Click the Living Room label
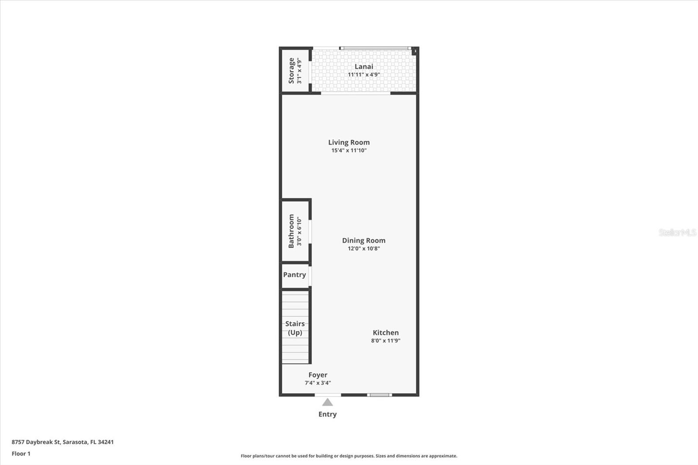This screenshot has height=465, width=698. pos(349,142)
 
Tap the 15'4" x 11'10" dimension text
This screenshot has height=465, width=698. pos(349,150)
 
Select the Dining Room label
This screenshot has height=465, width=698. pos(363,240)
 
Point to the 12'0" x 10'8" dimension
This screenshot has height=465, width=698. pos(363,249)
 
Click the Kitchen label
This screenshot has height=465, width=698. pos(386,332)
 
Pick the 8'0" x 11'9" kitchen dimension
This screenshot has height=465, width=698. pos(386,341)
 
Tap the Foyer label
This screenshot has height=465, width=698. pos(318,375)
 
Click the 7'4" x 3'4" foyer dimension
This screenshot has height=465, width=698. pos(318,383)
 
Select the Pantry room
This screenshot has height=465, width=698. pos(294,275)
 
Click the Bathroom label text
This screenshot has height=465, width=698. pos(291,231)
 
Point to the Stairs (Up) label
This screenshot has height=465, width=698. pos(295,328)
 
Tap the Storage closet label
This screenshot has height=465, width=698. pos(291,71)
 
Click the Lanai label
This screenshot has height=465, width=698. pos(363,66)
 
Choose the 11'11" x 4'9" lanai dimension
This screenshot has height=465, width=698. pos(363,75)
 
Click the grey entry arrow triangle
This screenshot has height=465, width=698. pos(327,402)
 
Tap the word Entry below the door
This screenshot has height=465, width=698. pos(327,414)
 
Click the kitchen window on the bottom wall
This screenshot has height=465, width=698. pos(379,395)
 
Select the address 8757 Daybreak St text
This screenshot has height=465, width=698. pos(62,442)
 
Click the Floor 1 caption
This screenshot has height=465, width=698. pos(21,454)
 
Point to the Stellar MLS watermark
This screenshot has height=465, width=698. pos(677,232)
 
